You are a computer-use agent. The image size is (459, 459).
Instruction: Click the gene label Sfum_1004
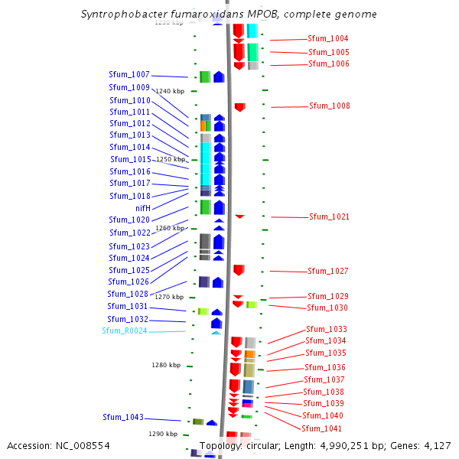(328, 38)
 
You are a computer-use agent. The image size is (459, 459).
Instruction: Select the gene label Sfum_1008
(330, 106)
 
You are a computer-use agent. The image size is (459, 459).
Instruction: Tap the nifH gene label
(142, 208)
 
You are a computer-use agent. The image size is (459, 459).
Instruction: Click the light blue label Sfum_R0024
(125, 331)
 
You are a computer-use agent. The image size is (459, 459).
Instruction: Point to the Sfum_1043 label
(123, 417)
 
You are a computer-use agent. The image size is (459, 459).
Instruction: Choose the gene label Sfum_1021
(329, 217)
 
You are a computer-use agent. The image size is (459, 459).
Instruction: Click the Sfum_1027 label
(328, 271)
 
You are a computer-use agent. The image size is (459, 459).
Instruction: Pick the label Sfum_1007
(129, 75)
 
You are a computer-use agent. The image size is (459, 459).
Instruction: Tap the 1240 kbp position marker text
(170, 91)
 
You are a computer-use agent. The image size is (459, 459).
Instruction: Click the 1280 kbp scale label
(165, 365)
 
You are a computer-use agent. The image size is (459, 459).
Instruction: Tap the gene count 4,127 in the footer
(435, 445)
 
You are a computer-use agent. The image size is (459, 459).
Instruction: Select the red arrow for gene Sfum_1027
(239, 270)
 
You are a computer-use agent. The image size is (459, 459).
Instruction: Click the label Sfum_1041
(322, 428)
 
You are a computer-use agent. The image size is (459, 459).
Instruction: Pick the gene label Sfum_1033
(327, 329)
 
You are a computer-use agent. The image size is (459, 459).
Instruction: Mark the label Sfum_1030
(327, 308)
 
